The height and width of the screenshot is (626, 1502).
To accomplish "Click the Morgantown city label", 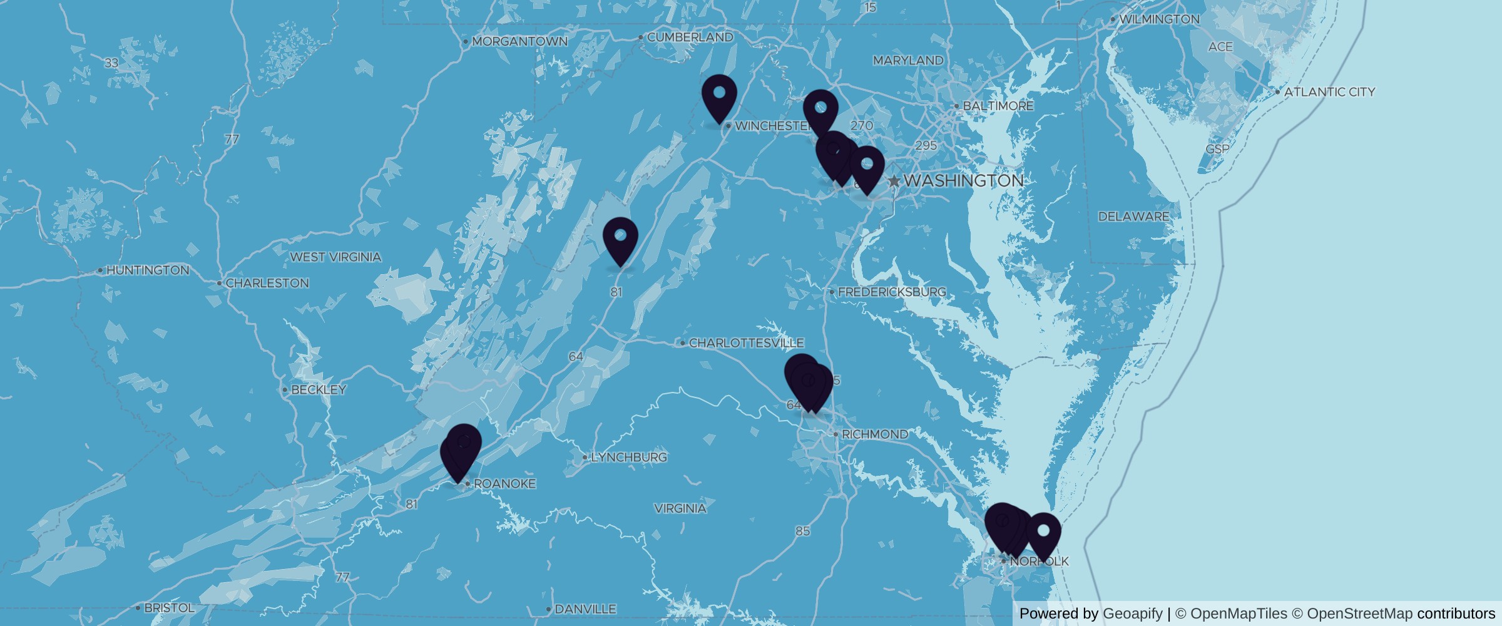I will [x=519, y=42].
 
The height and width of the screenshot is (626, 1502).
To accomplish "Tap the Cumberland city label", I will [x=690, y=38].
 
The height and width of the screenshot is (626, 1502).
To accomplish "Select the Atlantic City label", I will [x=1329, y=92].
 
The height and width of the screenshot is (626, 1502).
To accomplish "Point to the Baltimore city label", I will [x=998, y=106].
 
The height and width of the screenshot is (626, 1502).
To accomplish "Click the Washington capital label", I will [x=964, y=181].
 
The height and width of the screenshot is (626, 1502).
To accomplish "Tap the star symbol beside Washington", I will [x=894, y=182].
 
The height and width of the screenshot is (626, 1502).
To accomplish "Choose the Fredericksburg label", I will [x=892, y=292].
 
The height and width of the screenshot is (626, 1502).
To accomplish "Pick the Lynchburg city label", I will [x=628, y=458].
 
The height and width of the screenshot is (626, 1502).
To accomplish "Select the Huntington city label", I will [x=148, y=270].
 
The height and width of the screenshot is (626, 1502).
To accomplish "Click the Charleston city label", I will [x=267, y=284].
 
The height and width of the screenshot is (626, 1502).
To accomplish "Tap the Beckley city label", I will [x=319, y=390].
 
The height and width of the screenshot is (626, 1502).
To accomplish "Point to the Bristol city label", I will [x=169, y=608].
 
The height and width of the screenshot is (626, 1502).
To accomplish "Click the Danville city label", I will [x=585, y=609].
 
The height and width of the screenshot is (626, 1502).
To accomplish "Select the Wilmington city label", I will [x=1159, y=19].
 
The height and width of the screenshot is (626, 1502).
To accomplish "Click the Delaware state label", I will [x=1133, y=217].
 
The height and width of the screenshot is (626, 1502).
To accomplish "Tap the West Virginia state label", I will [x=335, y=257].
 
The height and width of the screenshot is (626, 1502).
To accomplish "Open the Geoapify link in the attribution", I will [x=1132, y=613].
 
